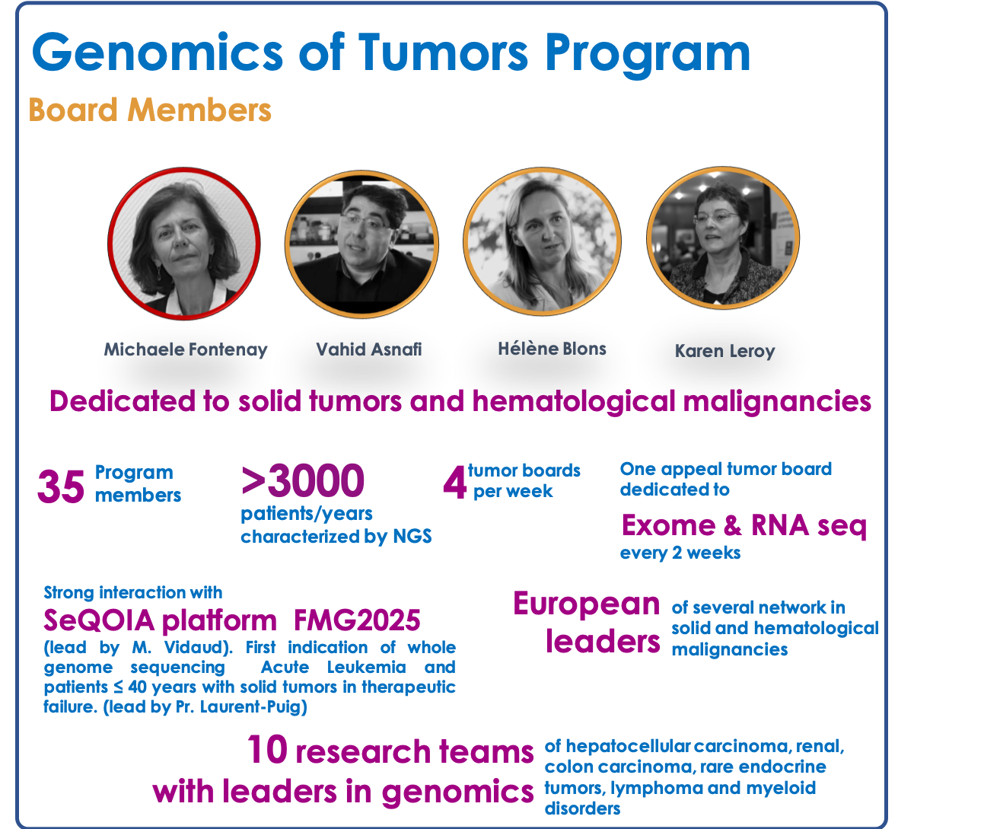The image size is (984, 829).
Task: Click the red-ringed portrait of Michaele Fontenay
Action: coord(184,244)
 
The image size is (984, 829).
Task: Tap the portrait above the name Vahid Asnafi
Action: coord(362,244)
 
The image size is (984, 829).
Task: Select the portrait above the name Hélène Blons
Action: coord(542,241)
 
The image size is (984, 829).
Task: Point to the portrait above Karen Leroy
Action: coord(723,238)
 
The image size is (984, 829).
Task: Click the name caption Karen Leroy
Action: coord(724,351)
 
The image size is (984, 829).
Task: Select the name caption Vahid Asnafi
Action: coord(368,349)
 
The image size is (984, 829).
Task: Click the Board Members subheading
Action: coord(150,110)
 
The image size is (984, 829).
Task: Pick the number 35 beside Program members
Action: coord(61,486)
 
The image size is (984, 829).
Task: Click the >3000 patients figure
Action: coord(303,480)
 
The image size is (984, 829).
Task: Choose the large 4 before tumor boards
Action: coord(454,483)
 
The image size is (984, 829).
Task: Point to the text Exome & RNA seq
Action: coord(744,525)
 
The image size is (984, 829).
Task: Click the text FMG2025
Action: coord(357,620)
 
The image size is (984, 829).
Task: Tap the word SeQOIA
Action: coord(99,620)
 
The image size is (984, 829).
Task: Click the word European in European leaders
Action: coord(586,604)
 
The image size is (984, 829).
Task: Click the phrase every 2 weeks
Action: coord(680,553)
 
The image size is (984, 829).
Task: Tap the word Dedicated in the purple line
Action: coord(122,401)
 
